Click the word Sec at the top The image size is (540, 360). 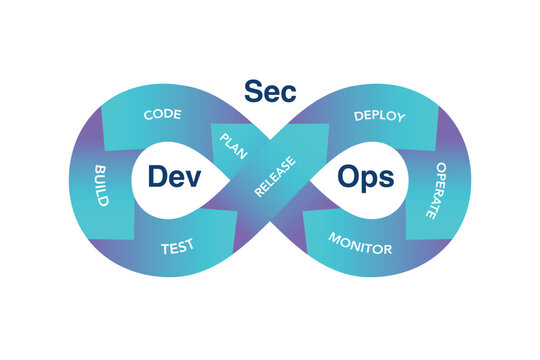pos(270,90)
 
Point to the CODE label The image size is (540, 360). pos(162,115)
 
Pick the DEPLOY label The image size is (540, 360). pos(380,116)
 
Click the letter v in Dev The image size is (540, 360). pos(194,178)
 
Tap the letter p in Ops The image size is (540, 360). pos(371,180)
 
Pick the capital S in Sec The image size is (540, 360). pos(254,90)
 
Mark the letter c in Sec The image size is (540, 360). pos(287,92)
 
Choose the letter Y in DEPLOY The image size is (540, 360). pos(401,119)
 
